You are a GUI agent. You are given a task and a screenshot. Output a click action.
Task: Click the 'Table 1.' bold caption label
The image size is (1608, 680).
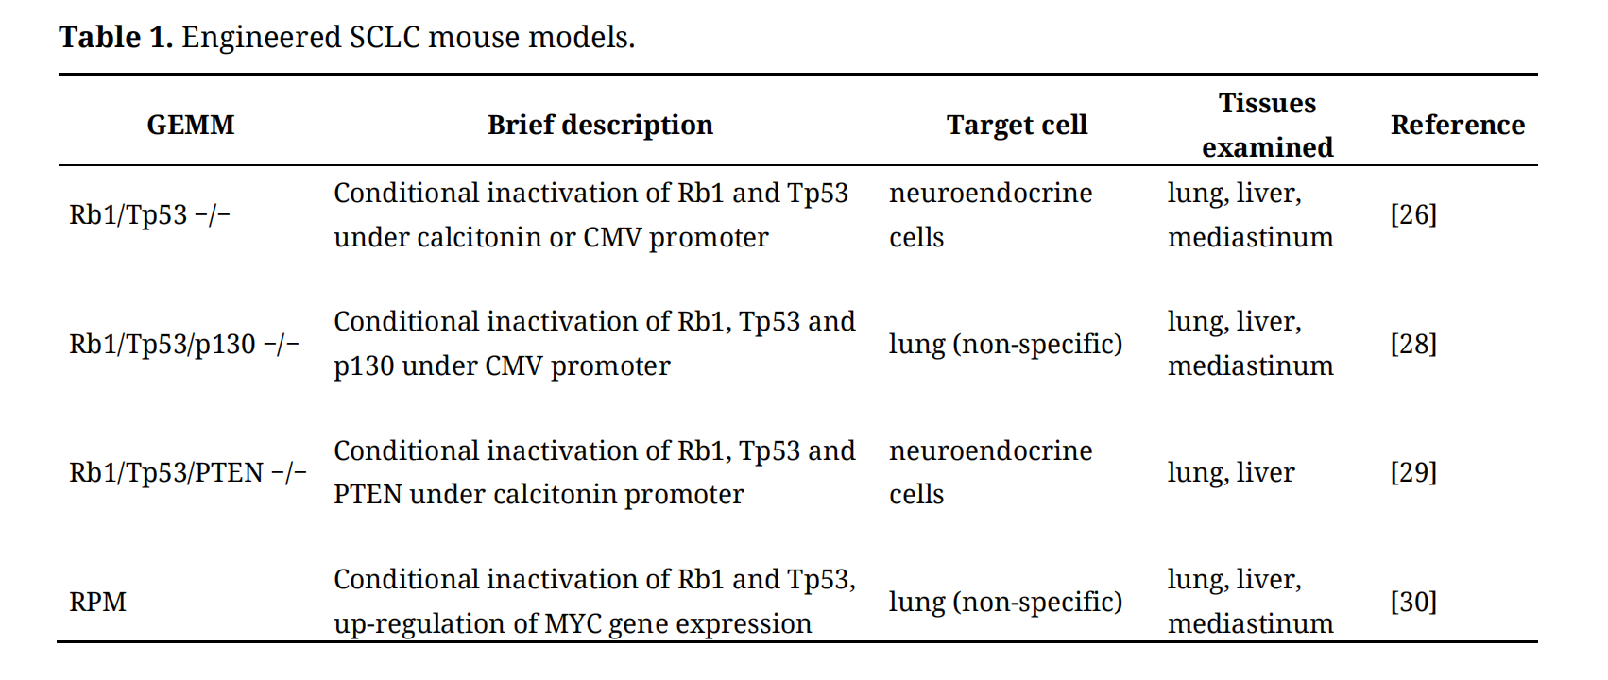click(115, 37)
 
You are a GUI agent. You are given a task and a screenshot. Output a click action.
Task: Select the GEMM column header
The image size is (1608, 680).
click(190, 125)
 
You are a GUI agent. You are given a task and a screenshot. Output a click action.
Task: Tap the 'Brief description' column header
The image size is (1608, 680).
click(600, 125)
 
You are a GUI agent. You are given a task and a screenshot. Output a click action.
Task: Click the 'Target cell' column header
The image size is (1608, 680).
click(1017, 125)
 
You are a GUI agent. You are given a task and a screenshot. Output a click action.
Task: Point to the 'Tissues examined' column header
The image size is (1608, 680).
click(1267, 125)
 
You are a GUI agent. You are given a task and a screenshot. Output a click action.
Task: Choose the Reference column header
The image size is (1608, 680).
click(1457, 125)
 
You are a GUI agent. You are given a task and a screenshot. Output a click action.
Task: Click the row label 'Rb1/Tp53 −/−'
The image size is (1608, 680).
click(149, 214)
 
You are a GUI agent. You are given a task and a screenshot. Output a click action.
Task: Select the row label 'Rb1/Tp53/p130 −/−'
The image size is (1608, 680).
click(184, 344)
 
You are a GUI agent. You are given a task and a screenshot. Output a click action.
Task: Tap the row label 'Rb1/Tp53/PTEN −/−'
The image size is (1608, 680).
click(187, 473)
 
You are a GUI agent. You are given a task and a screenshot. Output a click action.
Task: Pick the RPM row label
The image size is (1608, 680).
click(97, 602)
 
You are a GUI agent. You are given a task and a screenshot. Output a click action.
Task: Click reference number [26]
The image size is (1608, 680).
click(1413, 214)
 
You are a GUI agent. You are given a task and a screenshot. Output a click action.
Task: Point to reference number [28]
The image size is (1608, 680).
click(1413, 344)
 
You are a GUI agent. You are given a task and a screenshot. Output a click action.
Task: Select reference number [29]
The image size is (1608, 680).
click(1413, 473)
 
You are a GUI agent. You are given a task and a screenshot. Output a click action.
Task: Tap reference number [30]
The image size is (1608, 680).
click(1413, 602)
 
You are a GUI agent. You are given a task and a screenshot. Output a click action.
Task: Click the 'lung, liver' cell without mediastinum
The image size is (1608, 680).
click(1231, 473)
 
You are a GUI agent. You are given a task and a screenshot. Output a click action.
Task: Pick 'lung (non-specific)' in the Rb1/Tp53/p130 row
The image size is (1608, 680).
click(1006, 345)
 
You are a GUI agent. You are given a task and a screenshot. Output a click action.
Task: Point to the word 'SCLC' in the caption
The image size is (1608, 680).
click(385, 37)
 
